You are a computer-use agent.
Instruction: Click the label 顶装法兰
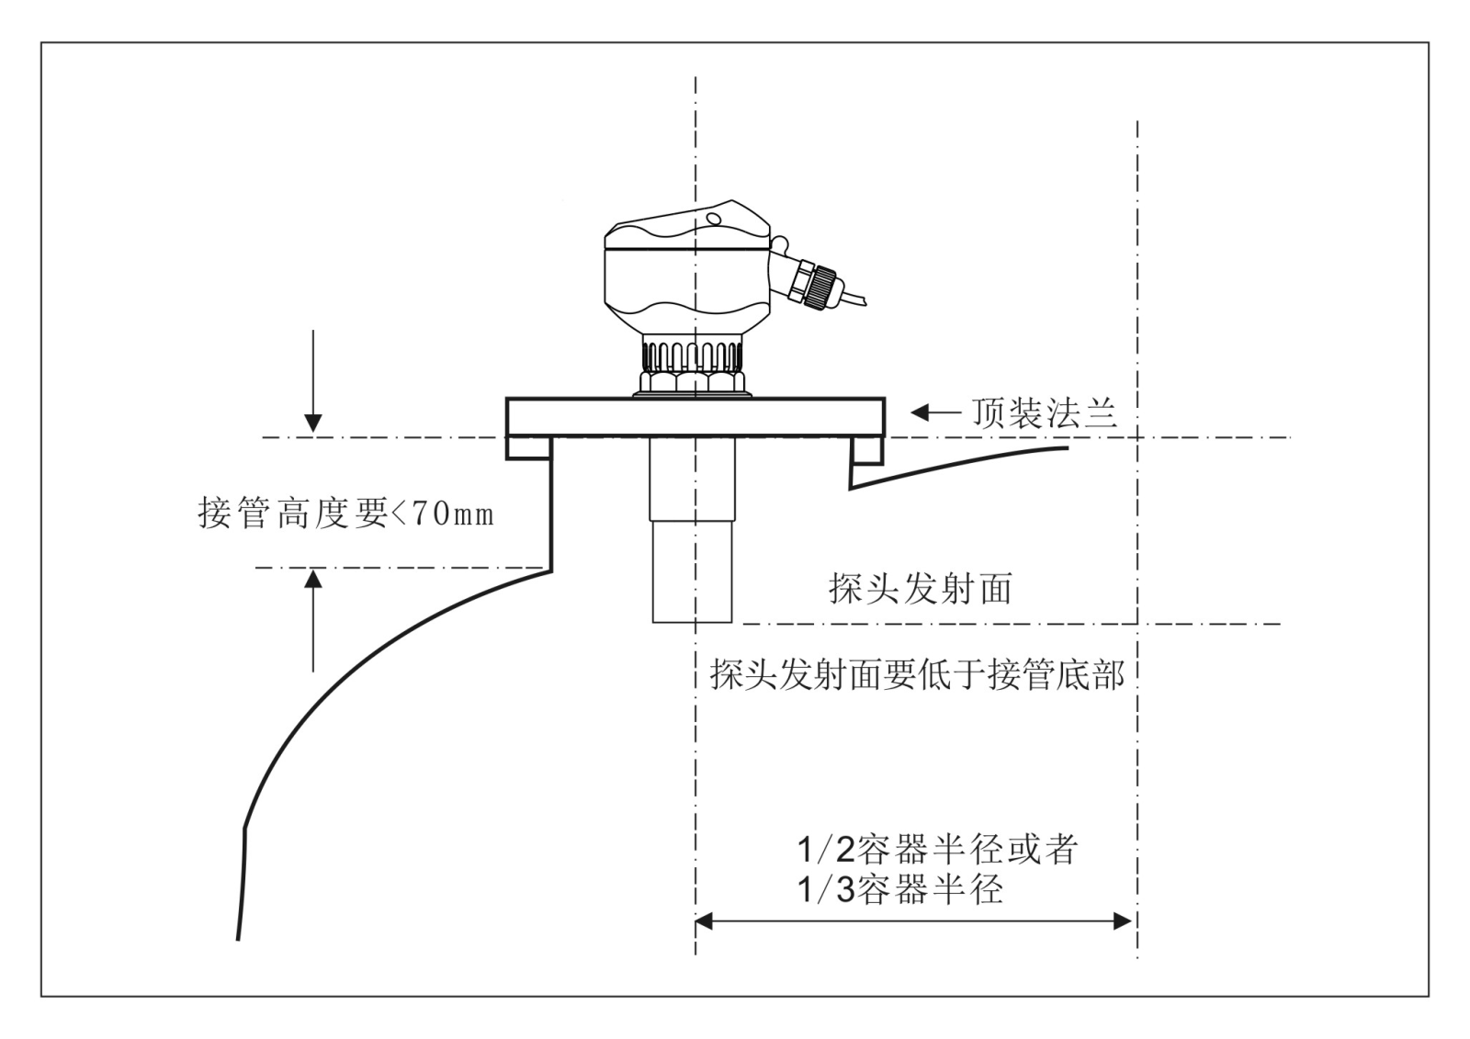(1045, 414)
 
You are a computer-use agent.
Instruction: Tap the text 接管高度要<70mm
(346, 513)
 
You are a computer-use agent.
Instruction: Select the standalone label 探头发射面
(921, 589)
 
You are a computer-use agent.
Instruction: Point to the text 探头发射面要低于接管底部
(917, 675)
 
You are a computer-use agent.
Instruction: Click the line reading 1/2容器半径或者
(937, 850)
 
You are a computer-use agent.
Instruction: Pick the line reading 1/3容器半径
(899, 889)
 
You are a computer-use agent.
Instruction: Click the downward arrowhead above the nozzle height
(313, 423)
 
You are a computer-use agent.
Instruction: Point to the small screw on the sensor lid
(712, 218)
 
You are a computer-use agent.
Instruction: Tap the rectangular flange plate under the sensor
(695, 416)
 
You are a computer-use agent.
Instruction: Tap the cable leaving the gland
(854, 299)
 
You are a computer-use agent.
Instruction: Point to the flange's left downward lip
(529, 447)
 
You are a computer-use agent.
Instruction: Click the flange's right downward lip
(866, 448)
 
